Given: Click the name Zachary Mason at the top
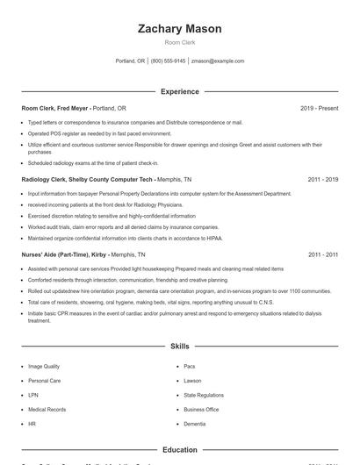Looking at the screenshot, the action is tap(180, 29).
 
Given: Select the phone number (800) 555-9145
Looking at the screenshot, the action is tap(169, 61).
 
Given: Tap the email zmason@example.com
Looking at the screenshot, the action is tap(218, 61).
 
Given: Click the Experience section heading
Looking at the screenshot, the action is tap(180, 91).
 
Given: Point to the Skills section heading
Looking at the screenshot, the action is tap(180, 347).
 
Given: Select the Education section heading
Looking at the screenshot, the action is tap(180, 450).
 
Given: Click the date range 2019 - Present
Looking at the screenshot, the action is tap(319, 108).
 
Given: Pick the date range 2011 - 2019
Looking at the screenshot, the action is tap(323, 178).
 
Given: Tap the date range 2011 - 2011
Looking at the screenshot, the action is tap(323, 254).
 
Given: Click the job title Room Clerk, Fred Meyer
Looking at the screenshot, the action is tap(54, 108).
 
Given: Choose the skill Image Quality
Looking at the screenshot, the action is tap(44, 367).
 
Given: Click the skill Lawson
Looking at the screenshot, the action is tap(193, 381).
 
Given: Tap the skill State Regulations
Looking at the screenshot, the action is tap(204, 395).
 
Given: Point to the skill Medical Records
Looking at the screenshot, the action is tap(47, 409).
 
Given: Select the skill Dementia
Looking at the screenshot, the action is tap(195, 424).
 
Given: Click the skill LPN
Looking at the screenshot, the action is tap(32, 395).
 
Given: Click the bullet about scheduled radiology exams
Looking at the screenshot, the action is tap(93, 162).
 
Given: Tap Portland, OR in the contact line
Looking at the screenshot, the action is tap(130, 61).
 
